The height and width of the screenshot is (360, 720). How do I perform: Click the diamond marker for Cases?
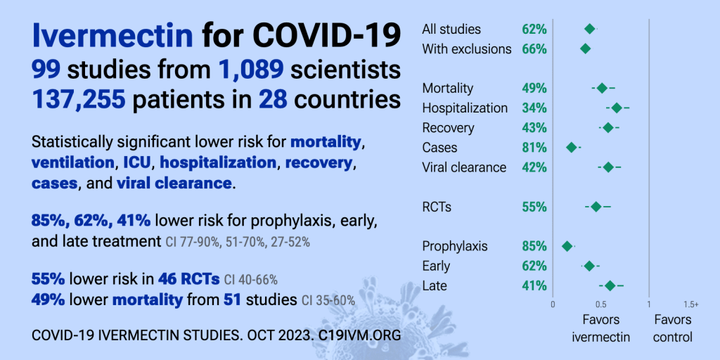(572, 148)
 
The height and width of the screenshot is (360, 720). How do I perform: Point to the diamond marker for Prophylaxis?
(567, 246)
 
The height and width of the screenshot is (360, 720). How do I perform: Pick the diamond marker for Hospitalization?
(617, 108)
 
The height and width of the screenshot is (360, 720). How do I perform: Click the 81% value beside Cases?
(534, 148)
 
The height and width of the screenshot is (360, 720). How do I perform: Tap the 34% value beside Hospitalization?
(534, 108)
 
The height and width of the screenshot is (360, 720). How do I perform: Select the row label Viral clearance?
(464, 167)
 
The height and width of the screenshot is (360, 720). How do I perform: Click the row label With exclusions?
(467, 49)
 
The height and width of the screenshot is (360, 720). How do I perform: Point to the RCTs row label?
(437, 207)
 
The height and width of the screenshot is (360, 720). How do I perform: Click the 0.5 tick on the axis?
(600, 304)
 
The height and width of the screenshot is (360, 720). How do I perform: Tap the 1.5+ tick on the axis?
(690, 304)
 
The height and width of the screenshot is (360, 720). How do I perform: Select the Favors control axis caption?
(672, 328)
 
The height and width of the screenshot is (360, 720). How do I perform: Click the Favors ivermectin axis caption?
(600, 328)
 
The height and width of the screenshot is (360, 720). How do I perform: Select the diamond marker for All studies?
(590, 29)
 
